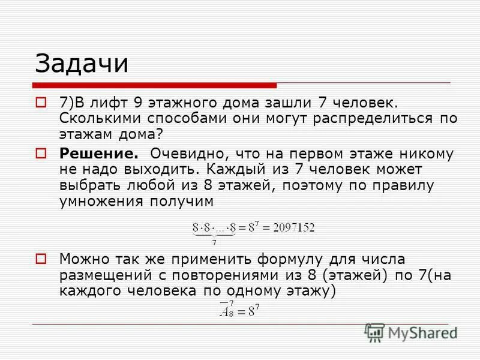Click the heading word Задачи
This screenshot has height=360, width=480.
tap(82, 63)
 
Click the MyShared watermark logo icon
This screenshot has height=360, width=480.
tap(374, 332)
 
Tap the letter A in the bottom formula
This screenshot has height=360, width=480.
tap(226, 311)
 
